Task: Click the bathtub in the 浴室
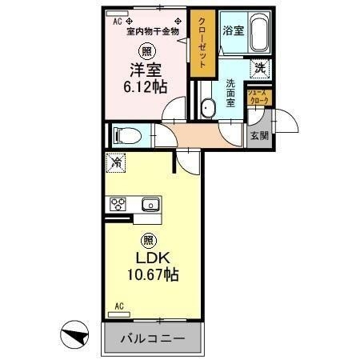(259, 32)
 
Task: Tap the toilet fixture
(127, 135)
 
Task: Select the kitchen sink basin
(150, 205)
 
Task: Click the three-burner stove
(118, 205)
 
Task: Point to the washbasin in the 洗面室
(208, 108)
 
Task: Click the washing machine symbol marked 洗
(260, 69)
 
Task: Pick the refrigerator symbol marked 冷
(116, 162)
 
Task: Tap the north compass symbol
(74, 334)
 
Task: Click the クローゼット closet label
(202, 43)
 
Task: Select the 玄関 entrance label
(259, 136)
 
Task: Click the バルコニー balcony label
(153, 338)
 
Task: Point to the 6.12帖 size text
(146, 86)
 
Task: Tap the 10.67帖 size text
(153, 274)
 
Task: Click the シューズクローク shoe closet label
(258, 97)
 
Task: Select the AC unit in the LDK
(119, 314)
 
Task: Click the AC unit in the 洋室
(117, 14)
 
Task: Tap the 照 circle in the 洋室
(146, 51)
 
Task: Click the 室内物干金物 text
(153, 32)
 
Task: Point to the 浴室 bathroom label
(234, 30)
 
